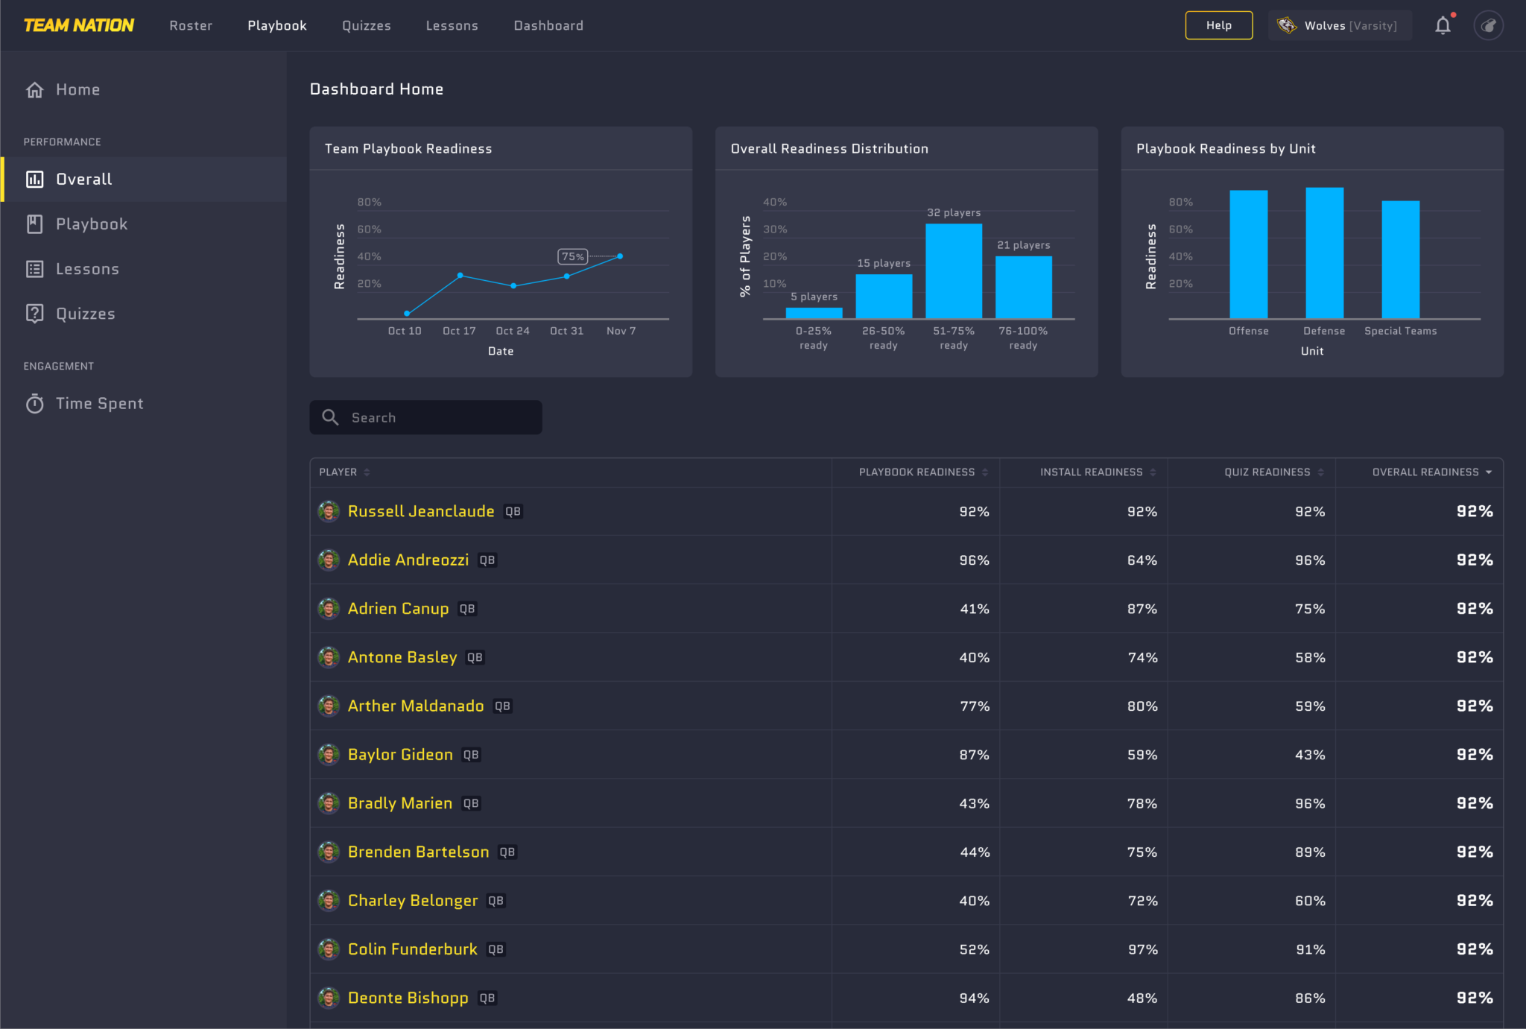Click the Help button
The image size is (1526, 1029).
click(x=1218, y=25)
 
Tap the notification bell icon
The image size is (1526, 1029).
click(x=1443, y=25)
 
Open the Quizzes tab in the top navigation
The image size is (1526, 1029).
click(x=366, y=25)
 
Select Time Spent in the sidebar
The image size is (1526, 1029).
click(x=99, y=403)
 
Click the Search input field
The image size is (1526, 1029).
click(x=440, y=417)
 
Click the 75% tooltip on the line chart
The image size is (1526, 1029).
click(x=572, y=256)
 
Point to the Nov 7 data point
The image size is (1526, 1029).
click(x=620, y=256)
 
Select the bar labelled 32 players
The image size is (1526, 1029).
click(x=953, y=271)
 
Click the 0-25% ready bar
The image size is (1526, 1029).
click(x=814, y=313)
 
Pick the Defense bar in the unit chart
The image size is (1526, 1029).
click(x=1324, y=253)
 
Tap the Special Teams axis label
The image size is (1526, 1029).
click(x=1400, y=331)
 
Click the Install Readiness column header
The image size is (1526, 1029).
click(x=1091, y=472)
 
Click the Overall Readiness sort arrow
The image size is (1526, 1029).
click(x=1489, y=472)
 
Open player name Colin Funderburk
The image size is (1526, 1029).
click(x=412, y=949)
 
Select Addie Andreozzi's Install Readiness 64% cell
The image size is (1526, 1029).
click(x=1142, y=560)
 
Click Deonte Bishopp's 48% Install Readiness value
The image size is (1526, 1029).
click(x=1142, y=998)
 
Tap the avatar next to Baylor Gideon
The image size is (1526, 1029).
click(x=329, y=754)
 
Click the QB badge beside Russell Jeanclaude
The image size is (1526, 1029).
click(x=513, y=511)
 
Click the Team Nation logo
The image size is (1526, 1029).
click(x=79, y=25)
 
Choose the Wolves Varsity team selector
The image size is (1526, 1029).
click(x=1340, y=25)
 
